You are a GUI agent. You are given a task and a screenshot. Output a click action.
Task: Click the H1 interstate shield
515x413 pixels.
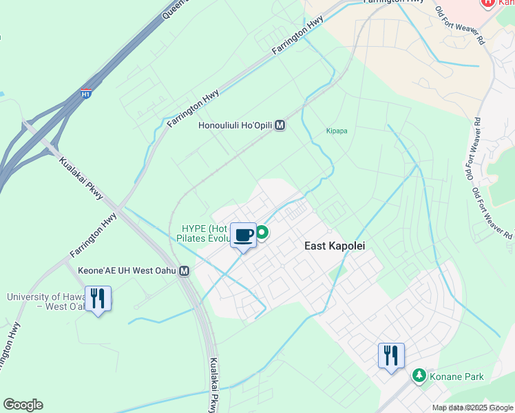click(85, 92)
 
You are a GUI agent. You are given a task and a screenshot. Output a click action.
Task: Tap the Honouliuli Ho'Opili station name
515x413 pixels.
click(235, 126)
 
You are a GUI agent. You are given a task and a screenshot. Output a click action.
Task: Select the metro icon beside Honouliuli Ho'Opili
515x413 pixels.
click(280, 126)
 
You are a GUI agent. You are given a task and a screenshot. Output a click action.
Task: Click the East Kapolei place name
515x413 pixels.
click(335, 246)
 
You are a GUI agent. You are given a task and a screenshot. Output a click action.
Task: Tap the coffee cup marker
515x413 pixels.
click(243, 235)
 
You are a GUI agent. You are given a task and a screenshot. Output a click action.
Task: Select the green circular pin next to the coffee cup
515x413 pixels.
click(262, 233)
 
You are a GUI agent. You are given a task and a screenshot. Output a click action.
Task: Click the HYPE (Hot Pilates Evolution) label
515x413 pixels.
click(204, 233)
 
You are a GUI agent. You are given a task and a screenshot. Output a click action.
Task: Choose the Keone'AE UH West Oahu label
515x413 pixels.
click(128, 272)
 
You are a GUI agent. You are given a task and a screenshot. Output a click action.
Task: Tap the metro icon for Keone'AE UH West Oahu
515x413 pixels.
click(184, 272)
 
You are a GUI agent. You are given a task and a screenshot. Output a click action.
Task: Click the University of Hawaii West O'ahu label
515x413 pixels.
click(47, 301)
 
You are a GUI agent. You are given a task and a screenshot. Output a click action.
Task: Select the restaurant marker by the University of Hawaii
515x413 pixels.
click(98, 299)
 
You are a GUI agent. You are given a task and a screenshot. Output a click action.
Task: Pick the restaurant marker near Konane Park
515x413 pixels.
click(391, 356)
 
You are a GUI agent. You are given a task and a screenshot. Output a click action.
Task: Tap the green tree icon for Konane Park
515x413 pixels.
click(419, 376)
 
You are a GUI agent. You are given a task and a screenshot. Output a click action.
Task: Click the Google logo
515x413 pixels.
click(23, 405)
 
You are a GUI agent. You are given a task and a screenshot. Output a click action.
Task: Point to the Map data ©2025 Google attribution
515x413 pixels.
click(472, 407)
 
